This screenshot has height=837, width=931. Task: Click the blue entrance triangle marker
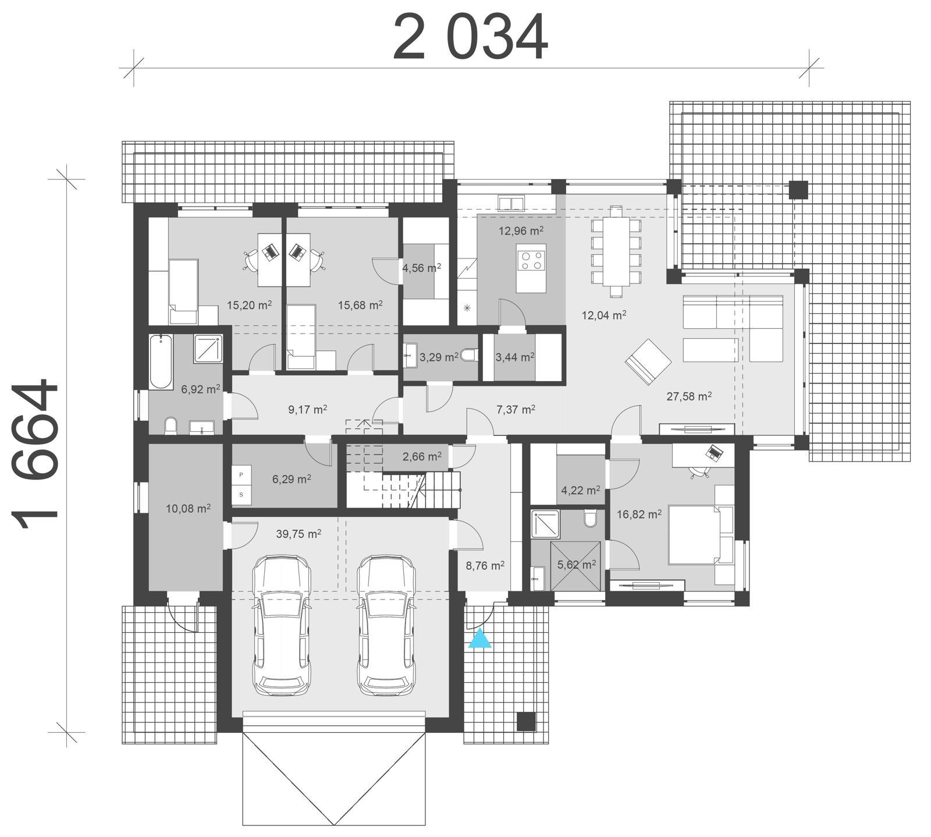(480, 639)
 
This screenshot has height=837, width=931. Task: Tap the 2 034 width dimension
(470, 37)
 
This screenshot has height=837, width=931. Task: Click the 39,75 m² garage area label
(299, 534)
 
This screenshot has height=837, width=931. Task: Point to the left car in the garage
(282, 625)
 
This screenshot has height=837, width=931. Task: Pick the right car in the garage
(386, 625)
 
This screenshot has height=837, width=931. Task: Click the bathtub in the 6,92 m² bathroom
(161, 361)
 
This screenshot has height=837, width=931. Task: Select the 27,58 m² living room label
(689, 396)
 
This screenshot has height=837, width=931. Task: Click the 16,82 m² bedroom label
(638, 515)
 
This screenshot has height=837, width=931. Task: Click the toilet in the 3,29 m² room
(470, 354)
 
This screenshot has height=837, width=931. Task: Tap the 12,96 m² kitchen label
(521, 230)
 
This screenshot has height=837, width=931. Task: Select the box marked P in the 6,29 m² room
(241, 475)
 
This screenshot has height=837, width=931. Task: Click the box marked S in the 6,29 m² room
(241, 495)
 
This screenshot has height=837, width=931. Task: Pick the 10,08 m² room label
(188, 509)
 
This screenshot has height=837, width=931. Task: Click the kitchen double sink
(510, 204)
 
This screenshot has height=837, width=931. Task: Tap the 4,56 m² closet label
(421, 268)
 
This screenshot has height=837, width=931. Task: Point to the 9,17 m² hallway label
(308, 409)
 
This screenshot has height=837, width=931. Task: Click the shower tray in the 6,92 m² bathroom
(208, 348)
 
